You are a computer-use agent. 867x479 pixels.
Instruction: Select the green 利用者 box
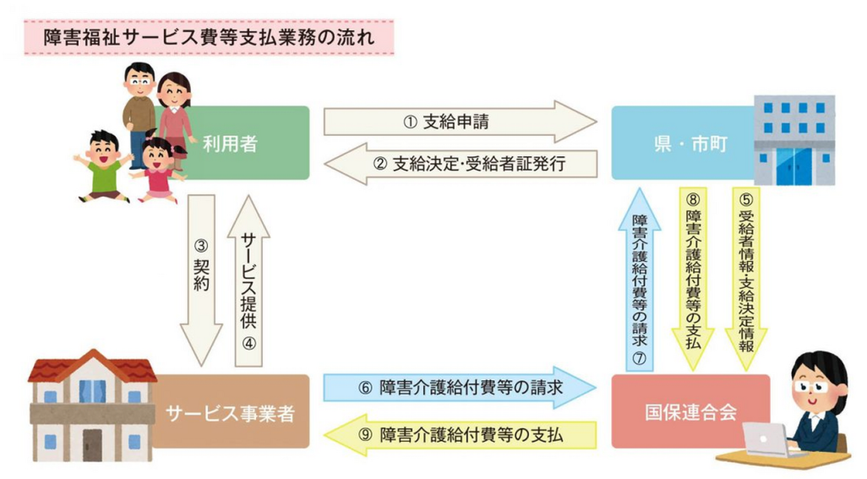click(245, 143)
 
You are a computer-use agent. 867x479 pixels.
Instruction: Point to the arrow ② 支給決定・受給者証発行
click(461, 165)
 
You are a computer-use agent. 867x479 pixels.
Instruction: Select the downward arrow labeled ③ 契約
click(200, 279)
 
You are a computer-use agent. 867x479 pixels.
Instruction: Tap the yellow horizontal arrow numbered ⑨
click(461, 434)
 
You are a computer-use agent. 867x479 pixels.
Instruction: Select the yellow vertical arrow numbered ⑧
click(692, 279)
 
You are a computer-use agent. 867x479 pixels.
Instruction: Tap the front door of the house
click(92, 444)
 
